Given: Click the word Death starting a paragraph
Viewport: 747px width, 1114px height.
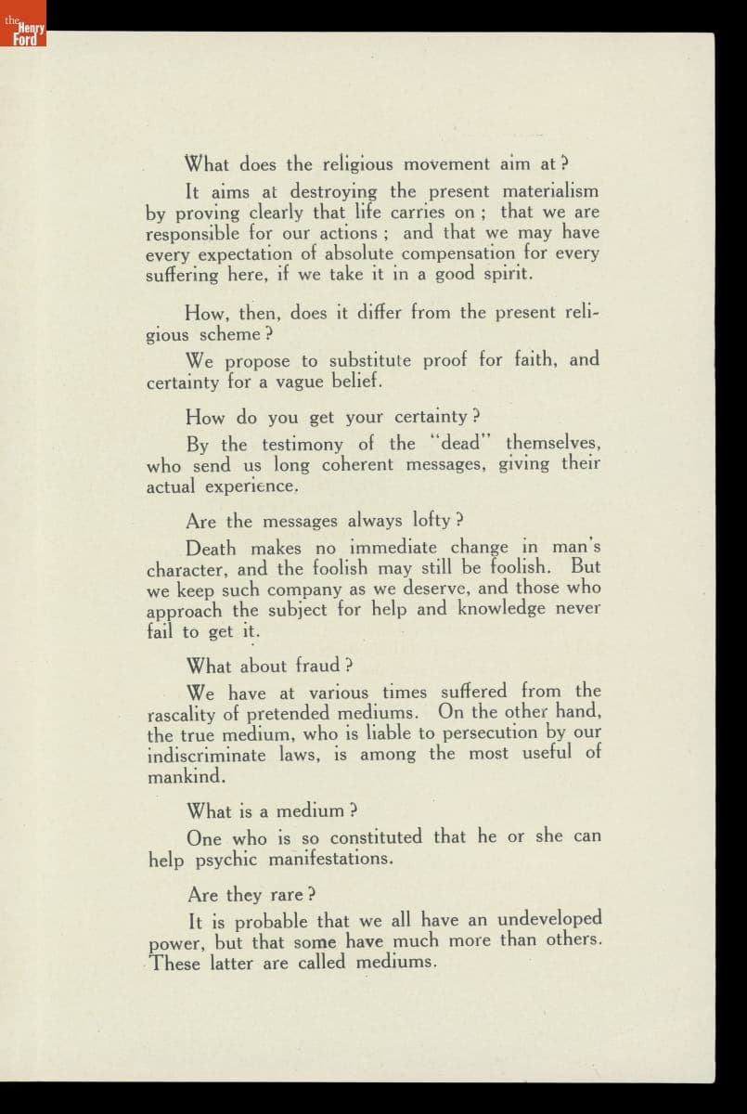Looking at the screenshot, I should pyautogui.click(x=211, y=548).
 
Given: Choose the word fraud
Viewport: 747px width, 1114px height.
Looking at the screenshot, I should pyautogui.click(x=318, y=666).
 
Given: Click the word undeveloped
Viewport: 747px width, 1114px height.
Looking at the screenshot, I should pyautogui.click(x=549, y=920).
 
